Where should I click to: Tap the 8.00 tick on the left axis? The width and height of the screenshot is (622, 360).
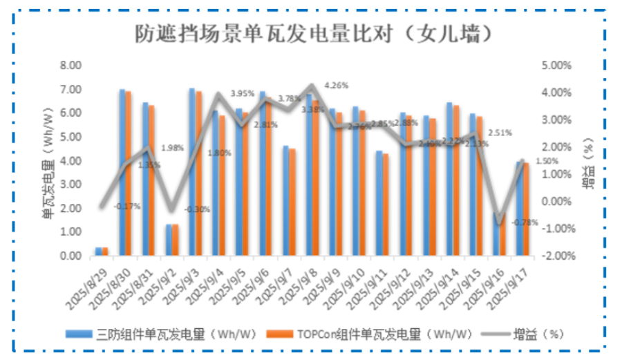[71, 66]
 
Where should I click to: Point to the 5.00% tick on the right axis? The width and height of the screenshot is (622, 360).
[555, 66]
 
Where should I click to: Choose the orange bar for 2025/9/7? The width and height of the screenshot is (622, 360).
[292, 202]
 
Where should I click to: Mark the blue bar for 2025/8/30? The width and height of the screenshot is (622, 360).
[122, 172]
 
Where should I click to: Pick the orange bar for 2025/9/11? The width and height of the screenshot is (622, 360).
[386, 205]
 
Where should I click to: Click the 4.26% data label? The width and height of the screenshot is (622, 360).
[336, 85]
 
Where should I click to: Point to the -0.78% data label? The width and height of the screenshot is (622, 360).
[527, 222]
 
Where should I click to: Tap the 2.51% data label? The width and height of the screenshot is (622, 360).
[499, 133]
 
